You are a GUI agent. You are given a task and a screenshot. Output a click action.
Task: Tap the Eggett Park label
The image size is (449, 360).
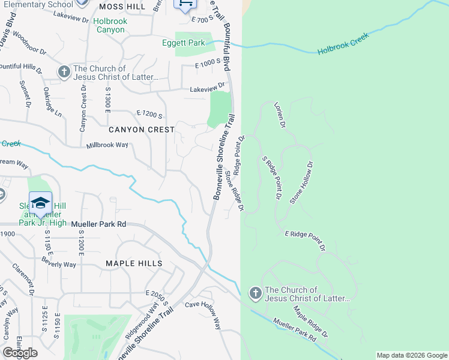(183, 43)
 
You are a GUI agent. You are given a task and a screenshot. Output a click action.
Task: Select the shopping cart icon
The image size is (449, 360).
(185, 5)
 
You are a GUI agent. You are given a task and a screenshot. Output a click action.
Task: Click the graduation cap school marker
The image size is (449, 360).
(40, 203)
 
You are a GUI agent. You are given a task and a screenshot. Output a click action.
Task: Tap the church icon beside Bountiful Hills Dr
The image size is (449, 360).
(64, 73)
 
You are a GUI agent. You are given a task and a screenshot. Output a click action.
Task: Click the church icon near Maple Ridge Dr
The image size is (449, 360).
(255, 293)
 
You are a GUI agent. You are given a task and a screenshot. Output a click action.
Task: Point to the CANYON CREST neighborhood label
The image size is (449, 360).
(142, 130)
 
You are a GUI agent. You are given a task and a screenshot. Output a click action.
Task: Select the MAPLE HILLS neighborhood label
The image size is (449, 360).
(134, 263)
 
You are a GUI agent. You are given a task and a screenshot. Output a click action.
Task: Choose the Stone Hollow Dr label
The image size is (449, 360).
(301, 182)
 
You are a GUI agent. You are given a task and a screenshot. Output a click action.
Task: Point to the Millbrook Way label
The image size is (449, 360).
(107, 145)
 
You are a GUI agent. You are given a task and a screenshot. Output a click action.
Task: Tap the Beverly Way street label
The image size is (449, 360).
(59, 262)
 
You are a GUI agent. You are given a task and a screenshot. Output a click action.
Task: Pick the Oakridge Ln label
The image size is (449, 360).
(52, 101)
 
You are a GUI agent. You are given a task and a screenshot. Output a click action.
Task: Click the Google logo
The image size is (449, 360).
(20, 353)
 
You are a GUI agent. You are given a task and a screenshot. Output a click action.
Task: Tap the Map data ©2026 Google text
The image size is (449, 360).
(411, 355)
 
